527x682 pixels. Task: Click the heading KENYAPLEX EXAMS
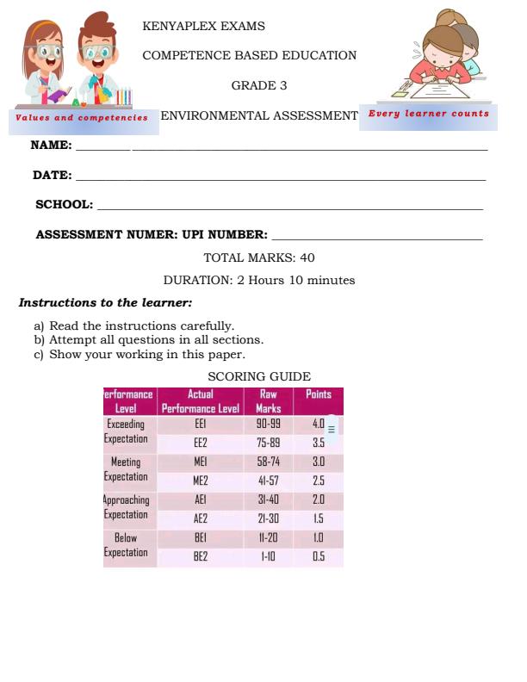[203, 27]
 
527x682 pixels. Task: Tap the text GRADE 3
[259, 85]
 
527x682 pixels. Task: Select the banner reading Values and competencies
[82, 118]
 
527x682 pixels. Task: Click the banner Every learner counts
[428, 114]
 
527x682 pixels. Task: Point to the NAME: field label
[51, 146]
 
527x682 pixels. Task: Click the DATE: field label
[53, 175]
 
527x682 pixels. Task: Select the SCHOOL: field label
[64, 204]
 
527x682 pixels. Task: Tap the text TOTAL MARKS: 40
[259, 257]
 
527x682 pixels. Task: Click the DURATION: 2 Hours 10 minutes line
[259, 280]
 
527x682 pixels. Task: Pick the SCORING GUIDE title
[259, 376]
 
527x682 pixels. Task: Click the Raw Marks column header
[269, 401]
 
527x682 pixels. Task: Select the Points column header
[318, 395]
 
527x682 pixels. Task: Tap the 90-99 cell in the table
[269, 425]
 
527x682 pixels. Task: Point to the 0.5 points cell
[318, 556]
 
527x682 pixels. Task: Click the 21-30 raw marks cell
[269, 518]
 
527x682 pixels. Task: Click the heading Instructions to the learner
[105, 303]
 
